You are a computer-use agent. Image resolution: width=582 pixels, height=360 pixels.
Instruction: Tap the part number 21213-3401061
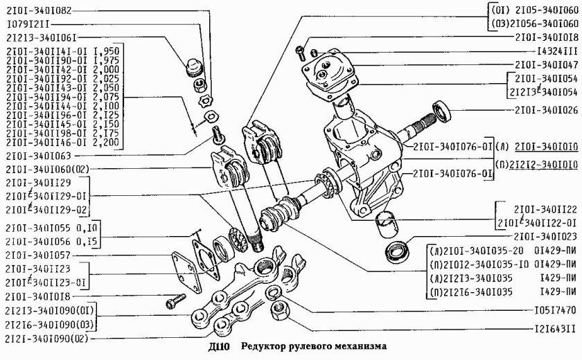[x=42, y=37]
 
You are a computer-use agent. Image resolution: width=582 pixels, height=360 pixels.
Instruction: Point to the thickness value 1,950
[x=108, y=52]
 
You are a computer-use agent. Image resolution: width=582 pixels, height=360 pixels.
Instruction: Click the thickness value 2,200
[x=108, y=142]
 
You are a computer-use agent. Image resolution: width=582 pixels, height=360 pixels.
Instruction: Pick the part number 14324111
[x=547, y=51]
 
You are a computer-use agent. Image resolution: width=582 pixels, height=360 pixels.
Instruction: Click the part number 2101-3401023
[x=537, y=236]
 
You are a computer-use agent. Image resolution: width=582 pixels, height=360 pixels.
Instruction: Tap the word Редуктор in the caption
[x=264, y=352]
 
